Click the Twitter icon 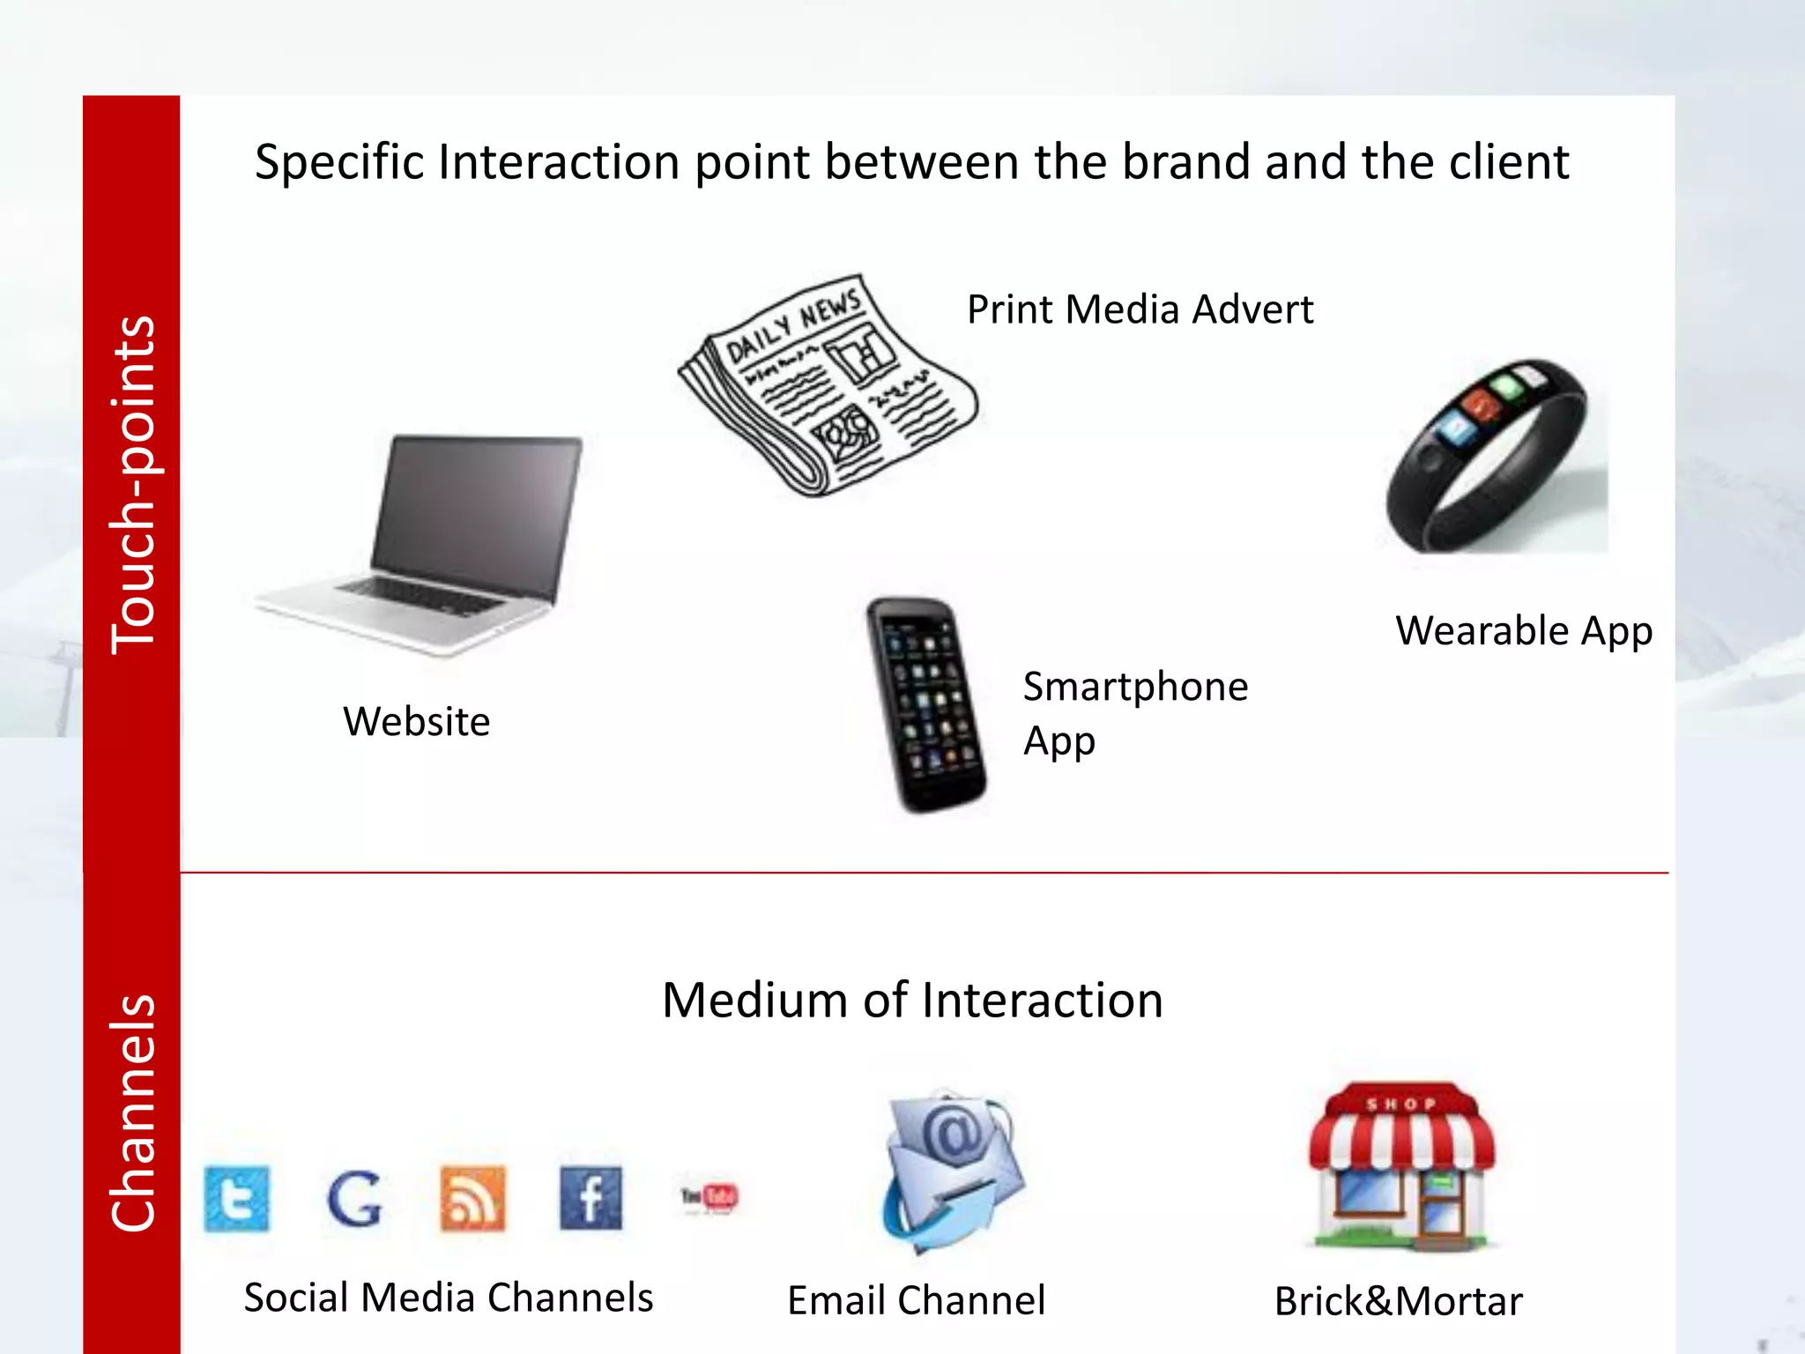(x=237, y=1199)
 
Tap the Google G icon (x=354, y=1199)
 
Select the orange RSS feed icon (x=473, y=1198)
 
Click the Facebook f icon (x=591, y=1198)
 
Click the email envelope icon (x=952, y=1168)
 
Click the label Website (x=416, y=722)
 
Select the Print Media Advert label (x=1140, y=309)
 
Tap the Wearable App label (x=1523, y=631)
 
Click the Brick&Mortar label (x=1398, y=1301)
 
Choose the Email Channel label (x=916, y=1300)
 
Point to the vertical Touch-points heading (x=132, y=485)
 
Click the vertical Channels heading (x=132, y=1112)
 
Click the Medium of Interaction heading (x=912, y=1001)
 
